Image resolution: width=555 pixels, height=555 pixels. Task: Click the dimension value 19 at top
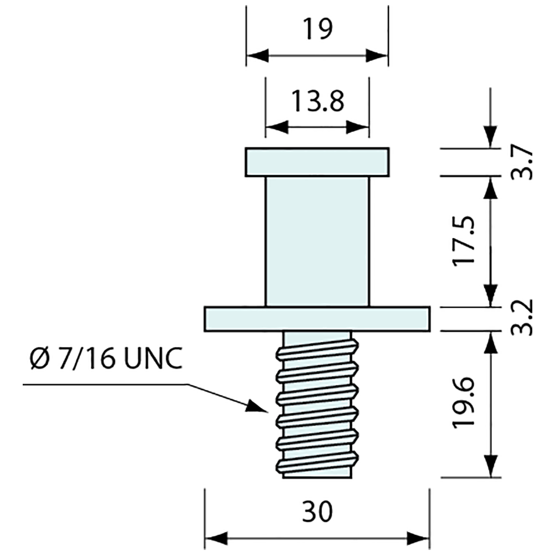pos(318,29)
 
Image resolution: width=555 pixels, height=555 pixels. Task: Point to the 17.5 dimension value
pos(464,241)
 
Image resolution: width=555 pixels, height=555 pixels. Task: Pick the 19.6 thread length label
pos(464,402)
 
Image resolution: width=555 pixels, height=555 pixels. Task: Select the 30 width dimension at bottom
pos(318,512)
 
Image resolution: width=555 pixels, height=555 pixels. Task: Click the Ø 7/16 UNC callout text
pos(104,360)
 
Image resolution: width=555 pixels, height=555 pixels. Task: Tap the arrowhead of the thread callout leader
pos(257,407)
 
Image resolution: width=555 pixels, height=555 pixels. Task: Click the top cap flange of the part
pos(317,162)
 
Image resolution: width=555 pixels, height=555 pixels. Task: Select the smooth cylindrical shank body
pos(317,241)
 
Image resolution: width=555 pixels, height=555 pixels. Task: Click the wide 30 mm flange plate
pos(317,319)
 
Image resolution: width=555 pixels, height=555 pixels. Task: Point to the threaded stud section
pos(317,404)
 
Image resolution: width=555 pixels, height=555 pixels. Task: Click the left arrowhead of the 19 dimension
pos(256,55)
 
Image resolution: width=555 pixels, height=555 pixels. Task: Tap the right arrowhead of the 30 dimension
pos(419,539)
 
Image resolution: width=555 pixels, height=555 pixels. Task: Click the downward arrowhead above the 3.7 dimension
pos(490,137)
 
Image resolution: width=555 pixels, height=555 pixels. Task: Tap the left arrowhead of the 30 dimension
pos(215,539)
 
